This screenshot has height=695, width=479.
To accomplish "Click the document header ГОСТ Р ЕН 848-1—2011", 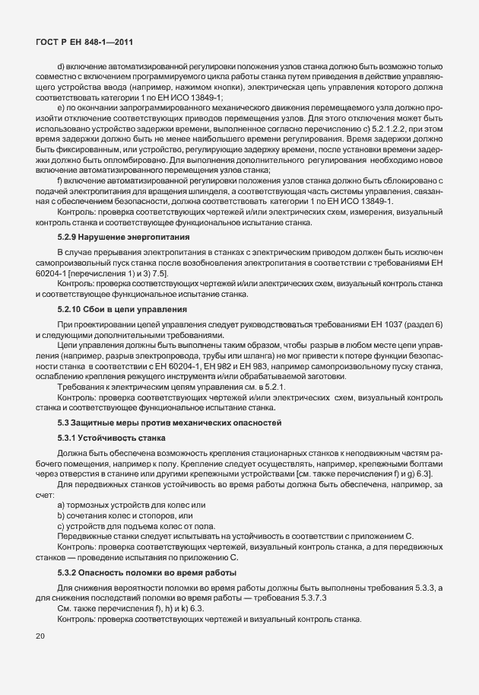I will click(x=85, y=45).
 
